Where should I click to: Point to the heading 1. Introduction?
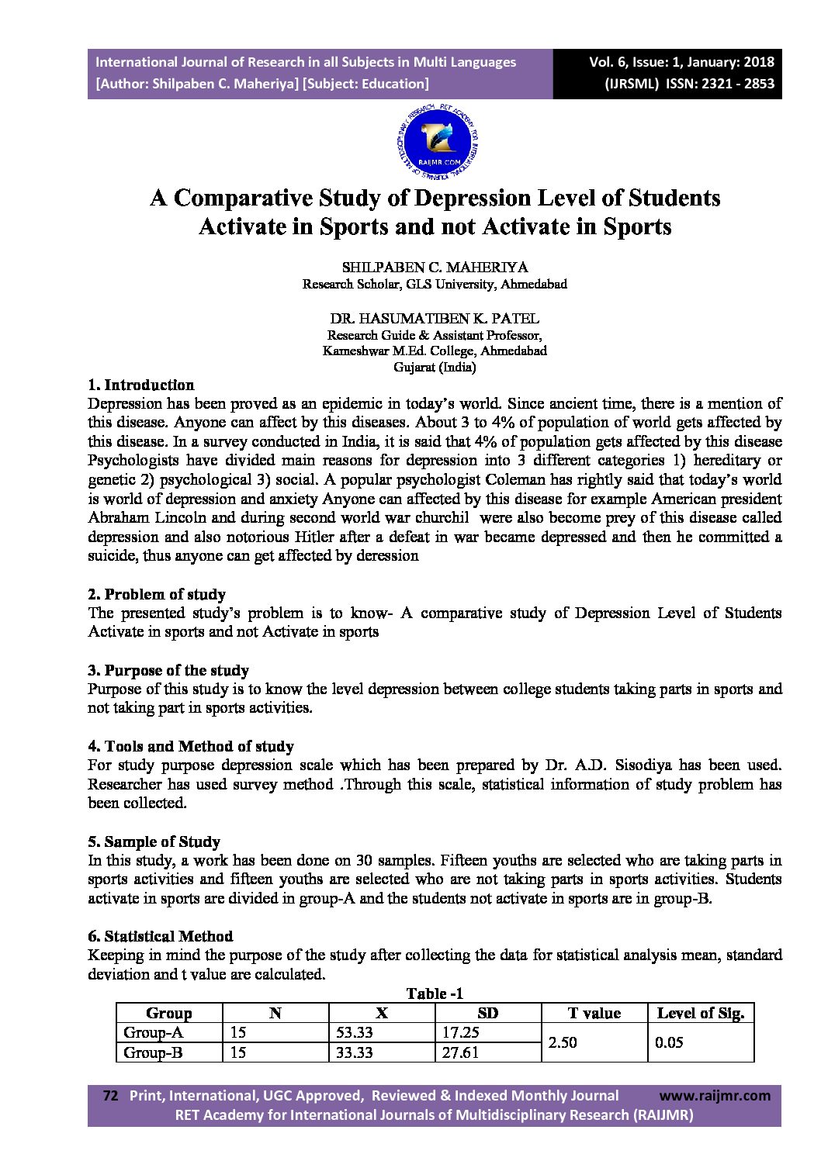(141, 385)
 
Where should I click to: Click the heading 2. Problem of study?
(157, 595)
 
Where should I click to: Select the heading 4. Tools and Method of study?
(191, 747)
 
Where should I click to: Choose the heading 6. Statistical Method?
(161, 937)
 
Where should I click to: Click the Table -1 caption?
(435, 994)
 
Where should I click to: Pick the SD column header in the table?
(488, 1014)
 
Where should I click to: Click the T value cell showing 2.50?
(563, 1043)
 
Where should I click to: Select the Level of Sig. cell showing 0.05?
(669, 1043)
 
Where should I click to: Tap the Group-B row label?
(153, 1053)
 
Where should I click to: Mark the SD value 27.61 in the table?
(460, 1053)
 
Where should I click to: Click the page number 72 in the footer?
(110, 1096)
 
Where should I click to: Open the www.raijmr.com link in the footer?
(715, 1096)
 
